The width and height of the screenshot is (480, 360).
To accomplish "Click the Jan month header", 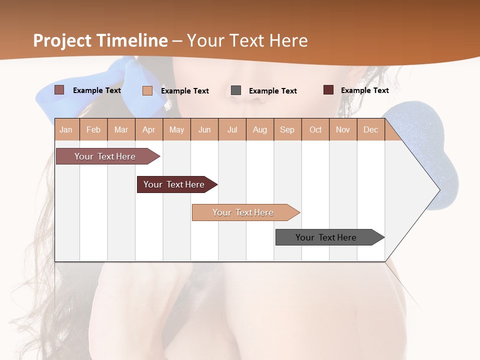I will pos(66,129).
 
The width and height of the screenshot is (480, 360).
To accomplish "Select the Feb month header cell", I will pos(93,129).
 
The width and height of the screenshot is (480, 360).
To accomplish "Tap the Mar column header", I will pos(121,129).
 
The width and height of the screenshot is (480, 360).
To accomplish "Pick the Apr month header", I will pos(149,129).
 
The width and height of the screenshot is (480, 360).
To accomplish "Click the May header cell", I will pos(176,129).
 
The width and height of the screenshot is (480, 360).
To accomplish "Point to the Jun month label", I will pos(204,129).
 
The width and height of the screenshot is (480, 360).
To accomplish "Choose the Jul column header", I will pos(232,129).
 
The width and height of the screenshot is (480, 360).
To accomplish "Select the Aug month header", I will pos(260,129).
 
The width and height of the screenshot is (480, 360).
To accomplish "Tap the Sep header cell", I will pos(287,129).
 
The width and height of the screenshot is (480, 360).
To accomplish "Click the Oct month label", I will pos(315,129).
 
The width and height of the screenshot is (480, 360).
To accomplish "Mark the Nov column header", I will pos(343,129).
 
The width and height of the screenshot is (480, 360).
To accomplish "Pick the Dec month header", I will pos(371,129).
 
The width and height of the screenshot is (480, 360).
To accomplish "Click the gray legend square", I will pos(236,90).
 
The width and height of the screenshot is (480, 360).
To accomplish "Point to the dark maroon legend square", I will pos(328,90).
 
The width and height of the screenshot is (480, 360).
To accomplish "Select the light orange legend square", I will pos(147,90).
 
